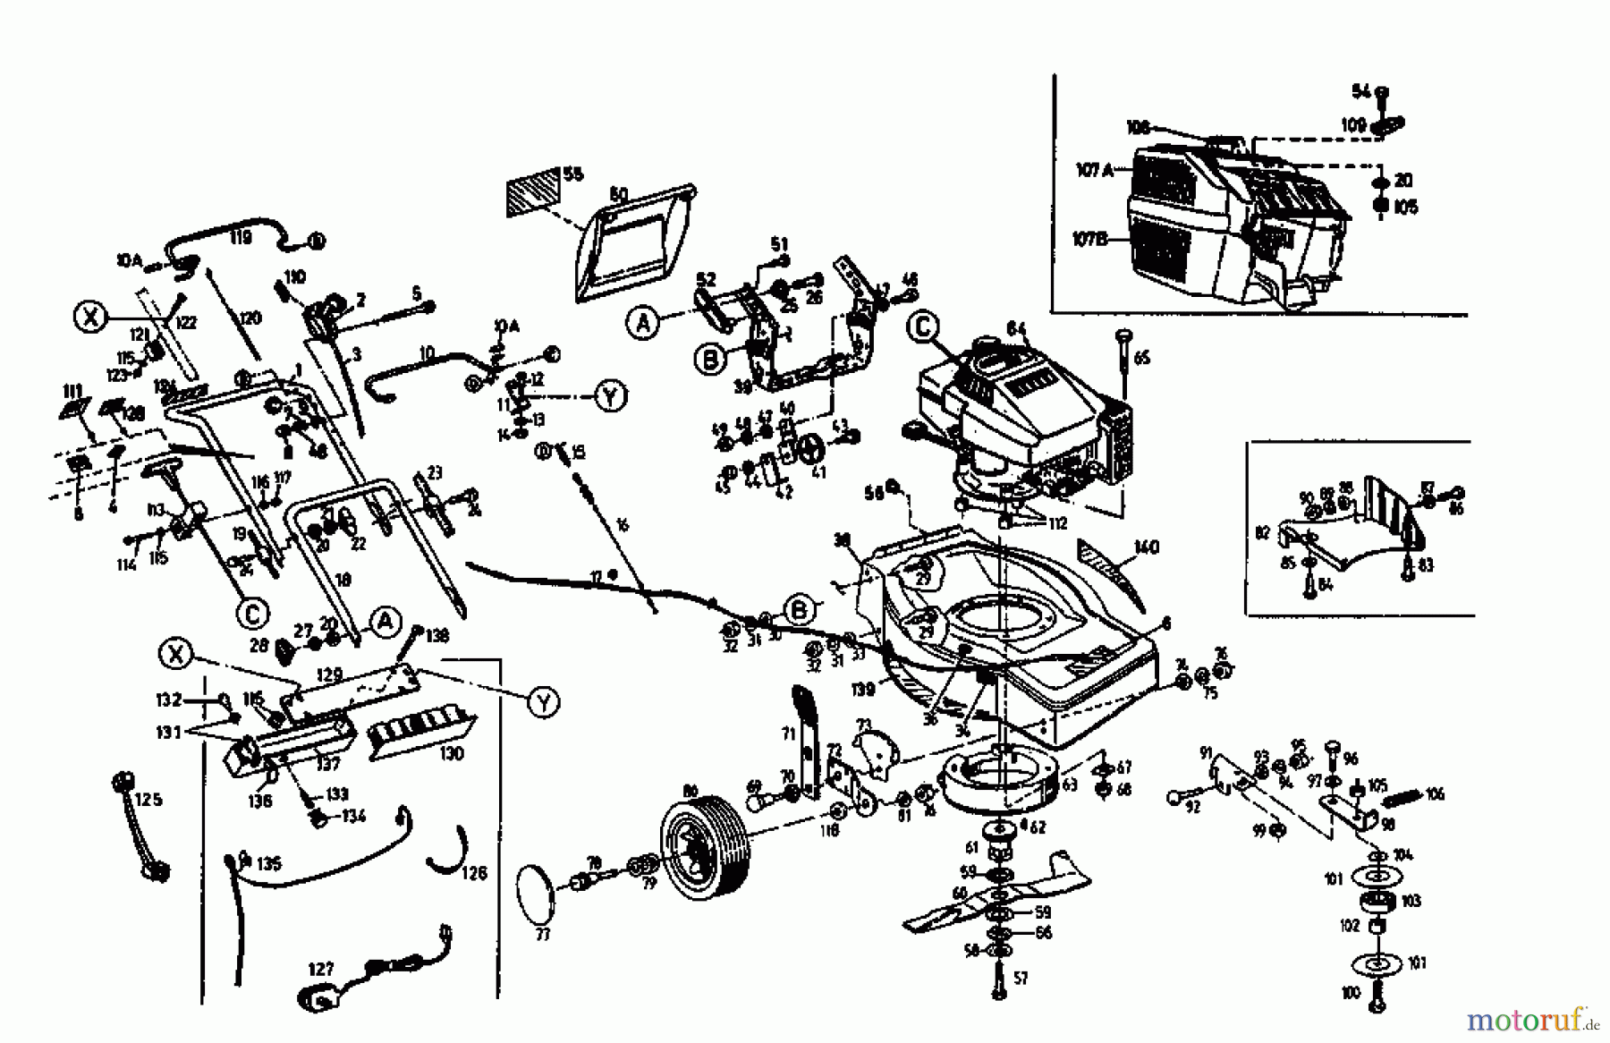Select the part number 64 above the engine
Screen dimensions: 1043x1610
1015,328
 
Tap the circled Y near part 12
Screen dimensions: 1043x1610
611,396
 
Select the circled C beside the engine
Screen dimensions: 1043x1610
923,327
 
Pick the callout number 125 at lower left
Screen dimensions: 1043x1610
148,799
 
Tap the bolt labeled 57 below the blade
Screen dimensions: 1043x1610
998,984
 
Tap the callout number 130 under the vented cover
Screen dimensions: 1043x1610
452,752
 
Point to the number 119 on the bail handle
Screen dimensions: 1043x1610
239,238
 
